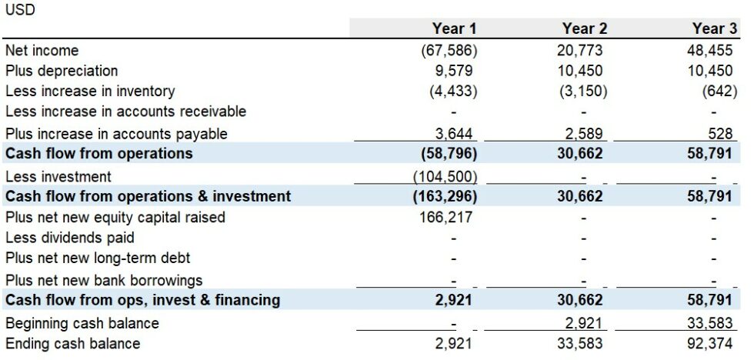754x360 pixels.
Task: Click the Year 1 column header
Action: coord(454,28)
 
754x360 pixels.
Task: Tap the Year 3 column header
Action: coord(714,28)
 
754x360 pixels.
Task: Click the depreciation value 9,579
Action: coord(453,71)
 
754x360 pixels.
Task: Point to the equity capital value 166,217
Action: coord(447,218)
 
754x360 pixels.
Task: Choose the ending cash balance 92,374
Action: coord(712,344)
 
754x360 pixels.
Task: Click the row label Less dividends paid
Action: coord(70,238)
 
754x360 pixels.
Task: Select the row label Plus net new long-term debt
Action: coord(98,258)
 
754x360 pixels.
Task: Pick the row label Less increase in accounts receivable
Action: coord(125,112)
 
